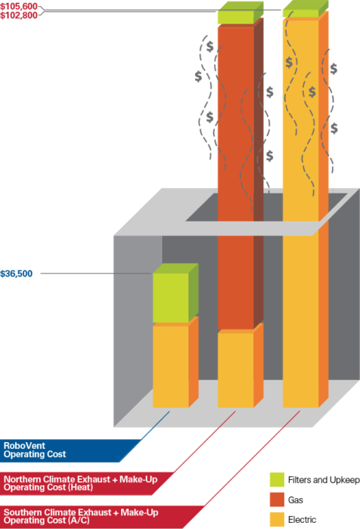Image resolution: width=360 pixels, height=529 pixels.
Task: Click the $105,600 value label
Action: pos(19,6)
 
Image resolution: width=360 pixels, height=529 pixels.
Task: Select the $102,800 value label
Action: pos(19,15)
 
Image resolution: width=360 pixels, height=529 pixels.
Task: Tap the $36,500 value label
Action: pos(16,274)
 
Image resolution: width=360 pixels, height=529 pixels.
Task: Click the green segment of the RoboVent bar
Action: pos(170,298)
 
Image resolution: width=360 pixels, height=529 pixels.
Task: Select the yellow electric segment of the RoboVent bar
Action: pos(170,366)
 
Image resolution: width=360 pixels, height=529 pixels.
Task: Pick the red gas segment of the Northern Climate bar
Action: pos(236,178)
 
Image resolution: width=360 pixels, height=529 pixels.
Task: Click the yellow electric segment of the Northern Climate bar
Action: pos(236,370)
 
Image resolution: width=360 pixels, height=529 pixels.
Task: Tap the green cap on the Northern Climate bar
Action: pos(236,17)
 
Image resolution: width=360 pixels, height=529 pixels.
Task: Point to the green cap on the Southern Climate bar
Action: pos(300,13)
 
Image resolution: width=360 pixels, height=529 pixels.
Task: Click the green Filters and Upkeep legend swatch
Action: pos(277,480)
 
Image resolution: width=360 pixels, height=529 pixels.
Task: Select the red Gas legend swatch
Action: pos(277,500)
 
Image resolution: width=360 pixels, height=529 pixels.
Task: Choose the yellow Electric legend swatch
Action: pos(277,520)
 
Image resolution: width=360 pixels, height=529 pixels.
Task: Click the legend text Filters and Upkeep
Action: pos(324,480)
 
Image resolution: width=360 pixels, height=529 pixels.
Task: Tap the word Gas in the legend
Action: pos(296,500)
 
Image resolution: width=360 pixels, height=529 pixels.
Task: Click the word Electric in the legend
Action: pos(302,520)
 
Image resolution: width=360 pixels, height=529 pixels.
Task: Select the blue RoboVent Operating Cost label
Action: pos(35,450)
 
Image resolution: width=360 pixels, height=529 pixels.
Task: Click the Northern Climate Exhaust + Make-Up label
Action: pos(80,483)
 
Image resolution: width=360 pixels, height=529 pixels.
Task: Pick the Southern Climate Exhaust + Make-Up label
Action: pos(81,516)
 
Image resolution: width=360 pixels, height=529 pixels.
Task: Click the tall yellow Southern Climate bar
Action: pos(300,212)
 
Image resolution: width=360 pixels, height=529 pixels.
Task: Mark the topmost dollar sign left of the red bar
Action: pos(209,47)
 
